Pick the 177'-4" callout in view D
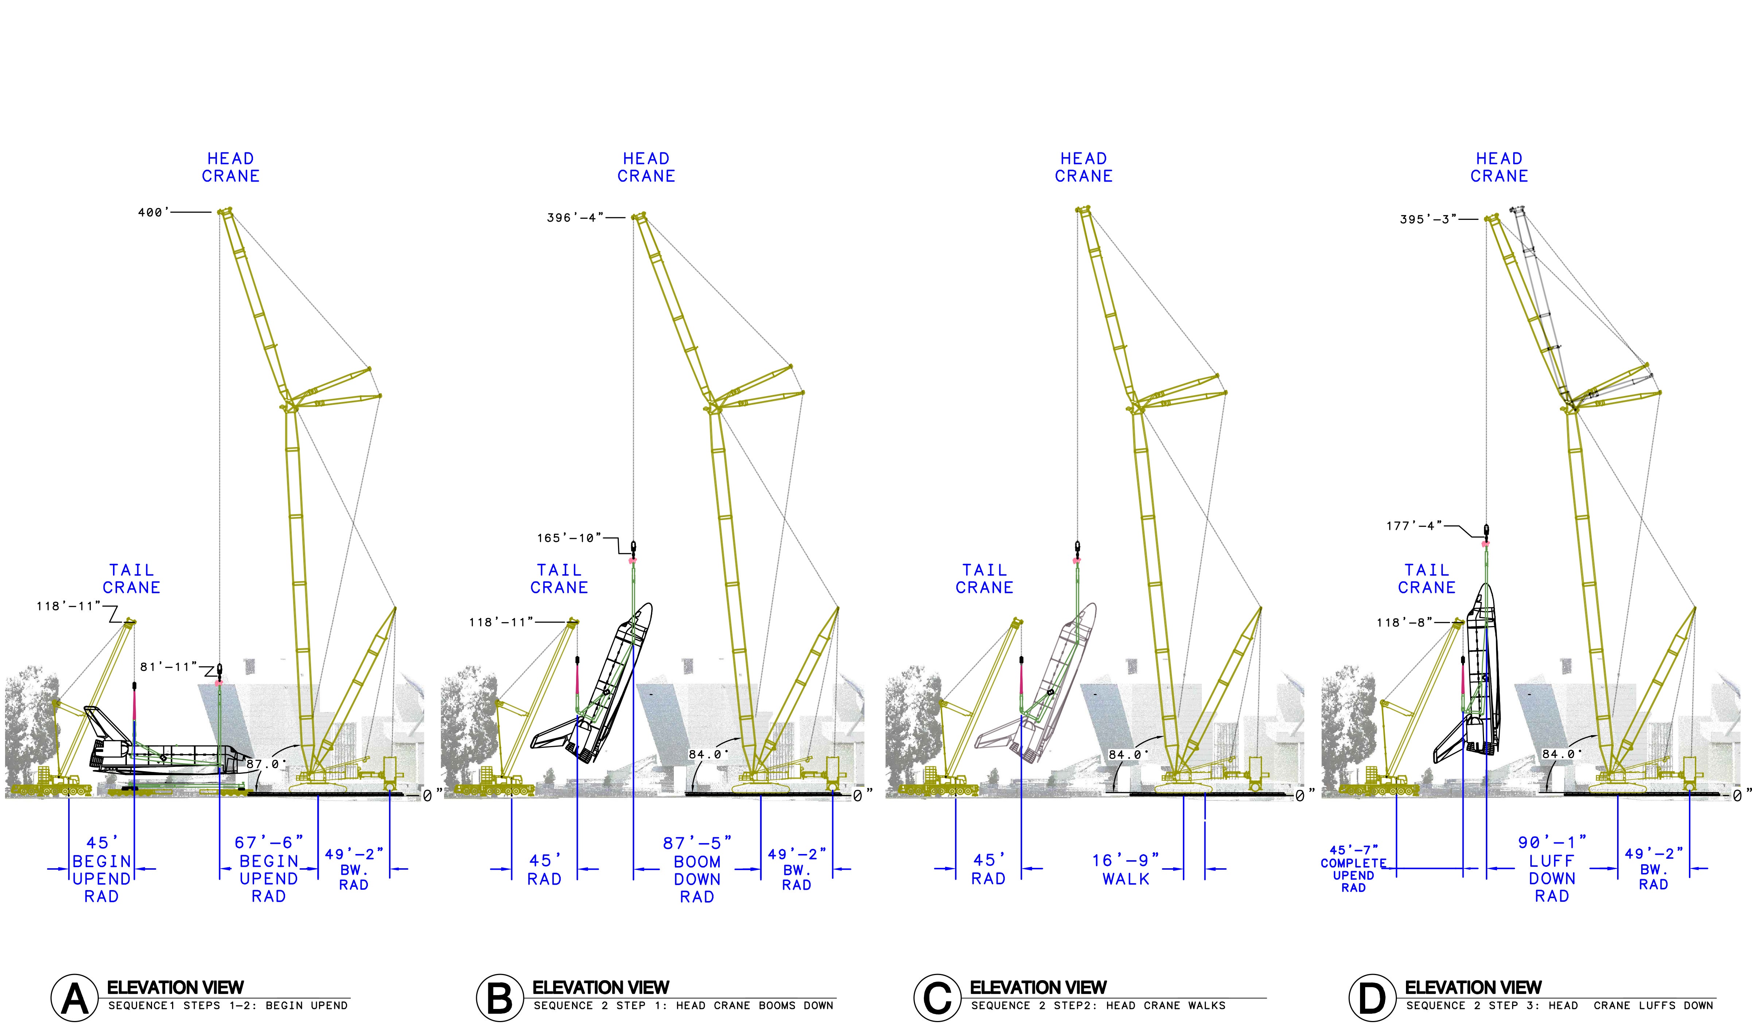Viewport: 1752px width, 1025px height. (1415, 526)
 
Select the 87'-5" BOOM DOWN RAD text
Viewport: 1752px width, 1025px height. (697, 870)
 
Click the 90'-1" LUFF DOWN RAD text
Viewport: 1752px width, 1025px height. (1553, 869)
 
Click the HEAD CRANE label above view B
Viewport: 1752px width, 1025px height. (646, 168)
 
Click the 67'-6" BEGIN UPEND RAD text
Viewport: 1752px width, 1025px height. (269, 869)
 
